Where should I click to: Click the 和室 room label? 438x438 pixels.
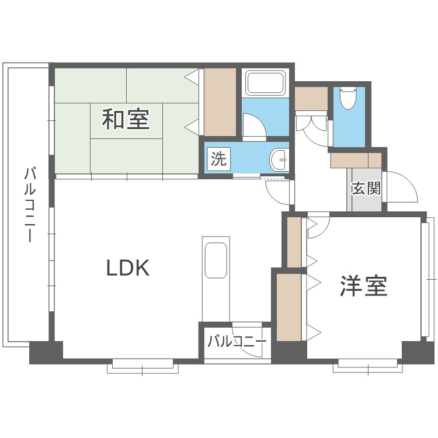(x=126, y=120)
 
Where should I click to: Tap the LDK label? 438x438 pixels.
(x=128, y=268)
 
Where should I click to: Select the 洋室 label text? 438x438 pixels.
(x=364, y=286)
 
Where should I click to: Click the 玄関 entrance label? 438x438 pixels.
(x=366, y=188)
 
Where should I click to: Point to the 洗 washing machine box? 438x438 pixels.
(x=218, y=159)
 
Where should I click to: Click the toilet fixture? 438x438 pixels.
(x=348, y=98)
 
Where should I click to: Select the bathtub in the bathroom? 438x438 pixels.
(x=265, y=84)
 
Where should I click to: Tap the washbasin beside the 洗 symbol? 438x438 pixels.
(x=279, y=159)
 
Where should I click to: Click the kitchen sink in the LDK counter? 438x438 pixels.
(x=215, y=260)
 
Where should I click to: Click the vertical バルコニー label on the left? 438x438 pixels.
(x=30, y=205)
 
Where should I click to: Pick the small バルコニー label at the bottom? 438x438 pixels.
(x=237, y=341)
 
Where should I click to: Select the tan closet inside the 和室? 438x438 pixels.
(x=220, y=102)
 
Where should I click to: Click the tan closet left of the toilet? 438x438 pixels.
(x=311, y=98)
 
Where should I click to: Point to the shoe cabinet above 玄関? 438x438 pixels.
(x=356, y=160)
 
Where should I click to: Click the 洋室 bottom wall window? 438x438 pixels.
(x=368, y=366)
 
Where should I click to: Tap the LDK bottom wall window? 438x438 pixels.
(x=142, y=366)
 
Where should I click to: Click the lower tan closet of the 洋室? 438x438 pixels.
(x=289, y=307)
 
